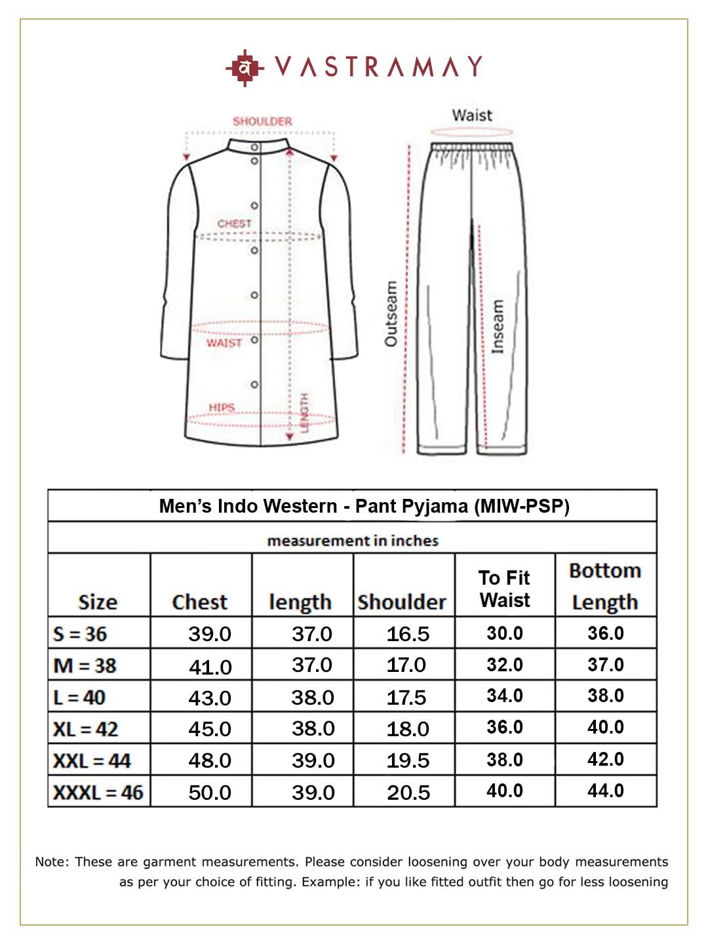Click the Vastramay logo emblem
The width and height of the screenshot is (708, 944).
point(244,68)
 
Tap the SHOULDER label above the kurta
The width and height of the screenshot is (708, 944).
point(262,121)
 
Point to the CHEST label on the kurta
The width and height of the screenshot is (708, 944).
point(234,224)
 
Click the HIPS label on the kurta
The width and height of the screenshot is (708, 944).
point(222,407)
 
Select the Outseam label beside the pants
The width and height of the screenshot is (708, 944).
point(391,314)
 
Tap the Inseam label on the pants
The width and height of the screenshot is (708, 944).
point(498,326)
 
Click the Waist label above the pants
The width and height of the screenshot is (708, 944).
point(471,115)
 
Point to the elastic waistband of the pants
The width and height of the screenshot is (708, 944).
point(472,146)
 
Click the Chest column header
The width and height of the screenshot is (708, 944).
point(199,602)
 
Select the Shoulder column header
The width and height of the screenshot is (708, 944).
point(402,602)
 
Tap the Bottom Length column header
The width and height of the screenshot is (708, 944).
point(604,586)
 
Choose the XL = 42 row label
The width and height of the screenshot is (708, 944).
point(85,728)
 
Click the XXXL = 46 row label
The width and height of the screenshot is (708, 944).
point(98,792)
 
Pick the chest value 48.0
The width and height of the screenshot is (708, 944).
point(210,760)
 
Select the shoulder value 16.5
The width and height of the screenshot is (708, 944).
point(408,634)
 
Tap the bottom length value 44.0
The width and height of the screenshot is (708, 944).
point(605,791)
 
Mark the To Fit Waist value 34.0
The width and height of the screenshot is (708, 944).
point(504,696)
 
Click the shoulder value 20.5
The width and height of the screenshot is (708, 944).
point(408,793)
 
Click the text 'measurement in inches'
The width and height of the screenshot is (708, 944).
point(353,541)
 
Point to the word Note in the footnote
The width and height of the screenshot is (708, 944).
point(51,861)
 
